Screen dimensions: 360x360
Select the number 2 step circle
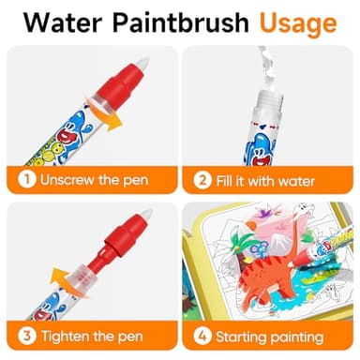point(201,179)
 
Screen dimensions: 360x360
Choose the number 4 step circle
point(201,335)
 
